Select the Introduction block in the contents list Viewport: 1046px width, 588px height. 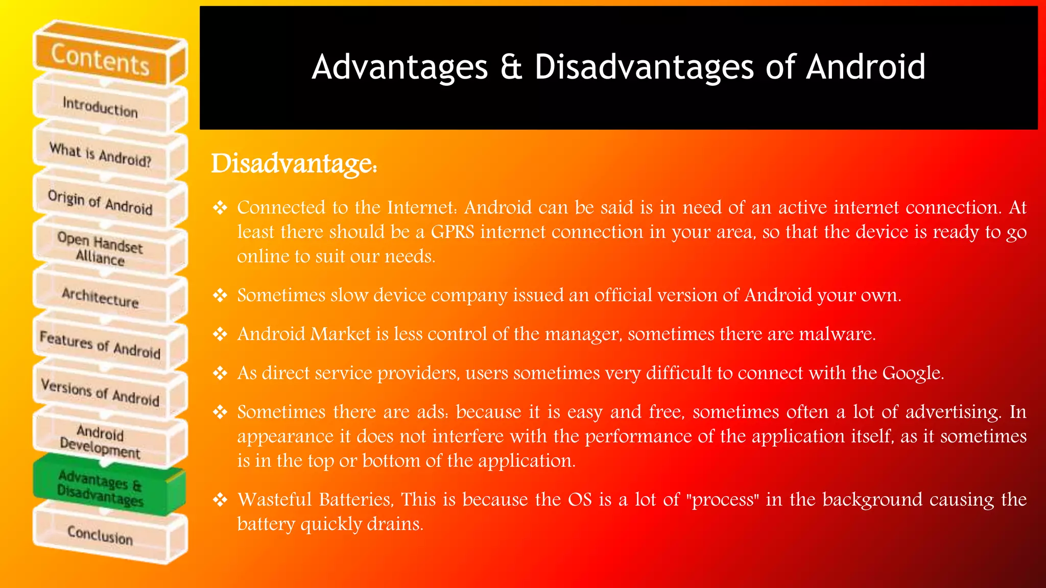click(x=101, y=107)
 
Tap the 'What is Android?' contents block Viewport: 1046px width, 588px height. click(x=101, y=155)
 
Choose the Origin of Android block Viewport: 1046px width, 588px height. click(x=101, y=202)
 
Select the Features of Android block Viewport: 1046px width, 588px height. click(x=101, y=345)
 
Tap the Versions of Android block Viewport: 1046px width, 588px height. click(x=101, y=392)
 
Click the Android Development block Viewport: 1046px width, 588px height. click(x=101, y=440)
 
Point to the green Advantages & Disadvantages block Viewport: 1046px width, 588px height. click(x=101, y=488)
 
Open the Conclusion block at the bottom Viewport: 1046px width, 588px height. click(x=101, y=534)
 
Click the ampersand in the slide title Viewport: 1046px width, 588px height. click(x=511, y=67)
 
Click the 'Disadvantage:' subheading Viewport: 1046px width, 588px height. click(x=294, y=164)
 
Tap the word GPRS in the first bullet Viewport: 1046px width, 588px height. click(x=453, y=232)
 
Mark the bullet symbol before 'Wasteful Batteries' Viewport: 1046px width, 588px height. click(x=220, y=500)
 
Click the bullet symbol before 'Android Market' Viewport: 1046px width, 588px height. click(x=220, y=334)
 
